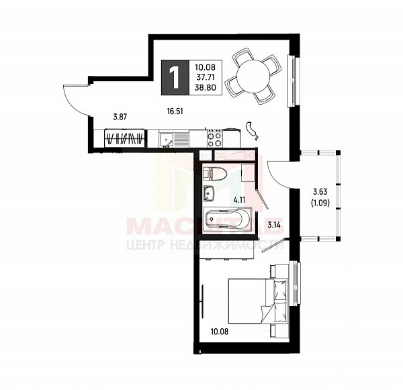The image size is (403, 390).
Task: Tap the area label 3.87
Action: point(120,117)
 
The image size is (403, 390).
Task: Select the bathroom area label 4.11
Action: point(239,199)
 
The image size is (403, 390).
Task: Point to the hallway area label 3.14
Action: point(273,225)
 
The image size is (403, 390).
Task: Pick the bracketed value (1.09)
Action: point(320,204)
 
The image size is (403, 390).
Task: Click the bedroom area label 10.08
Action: point(219,331)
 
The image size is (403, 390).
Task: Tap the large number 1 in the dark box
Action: point(175,77)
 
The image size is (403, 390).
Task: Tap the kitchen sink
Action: point(167,139)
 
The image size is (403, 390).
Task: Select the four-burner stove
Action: point(214,139)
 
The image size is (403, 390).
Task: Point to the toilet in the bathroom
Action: point(216,173)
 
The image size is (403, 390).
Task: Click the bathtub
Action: point(227,219)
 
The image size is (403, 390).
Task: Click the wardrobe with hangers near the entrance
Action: point(125,139)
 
